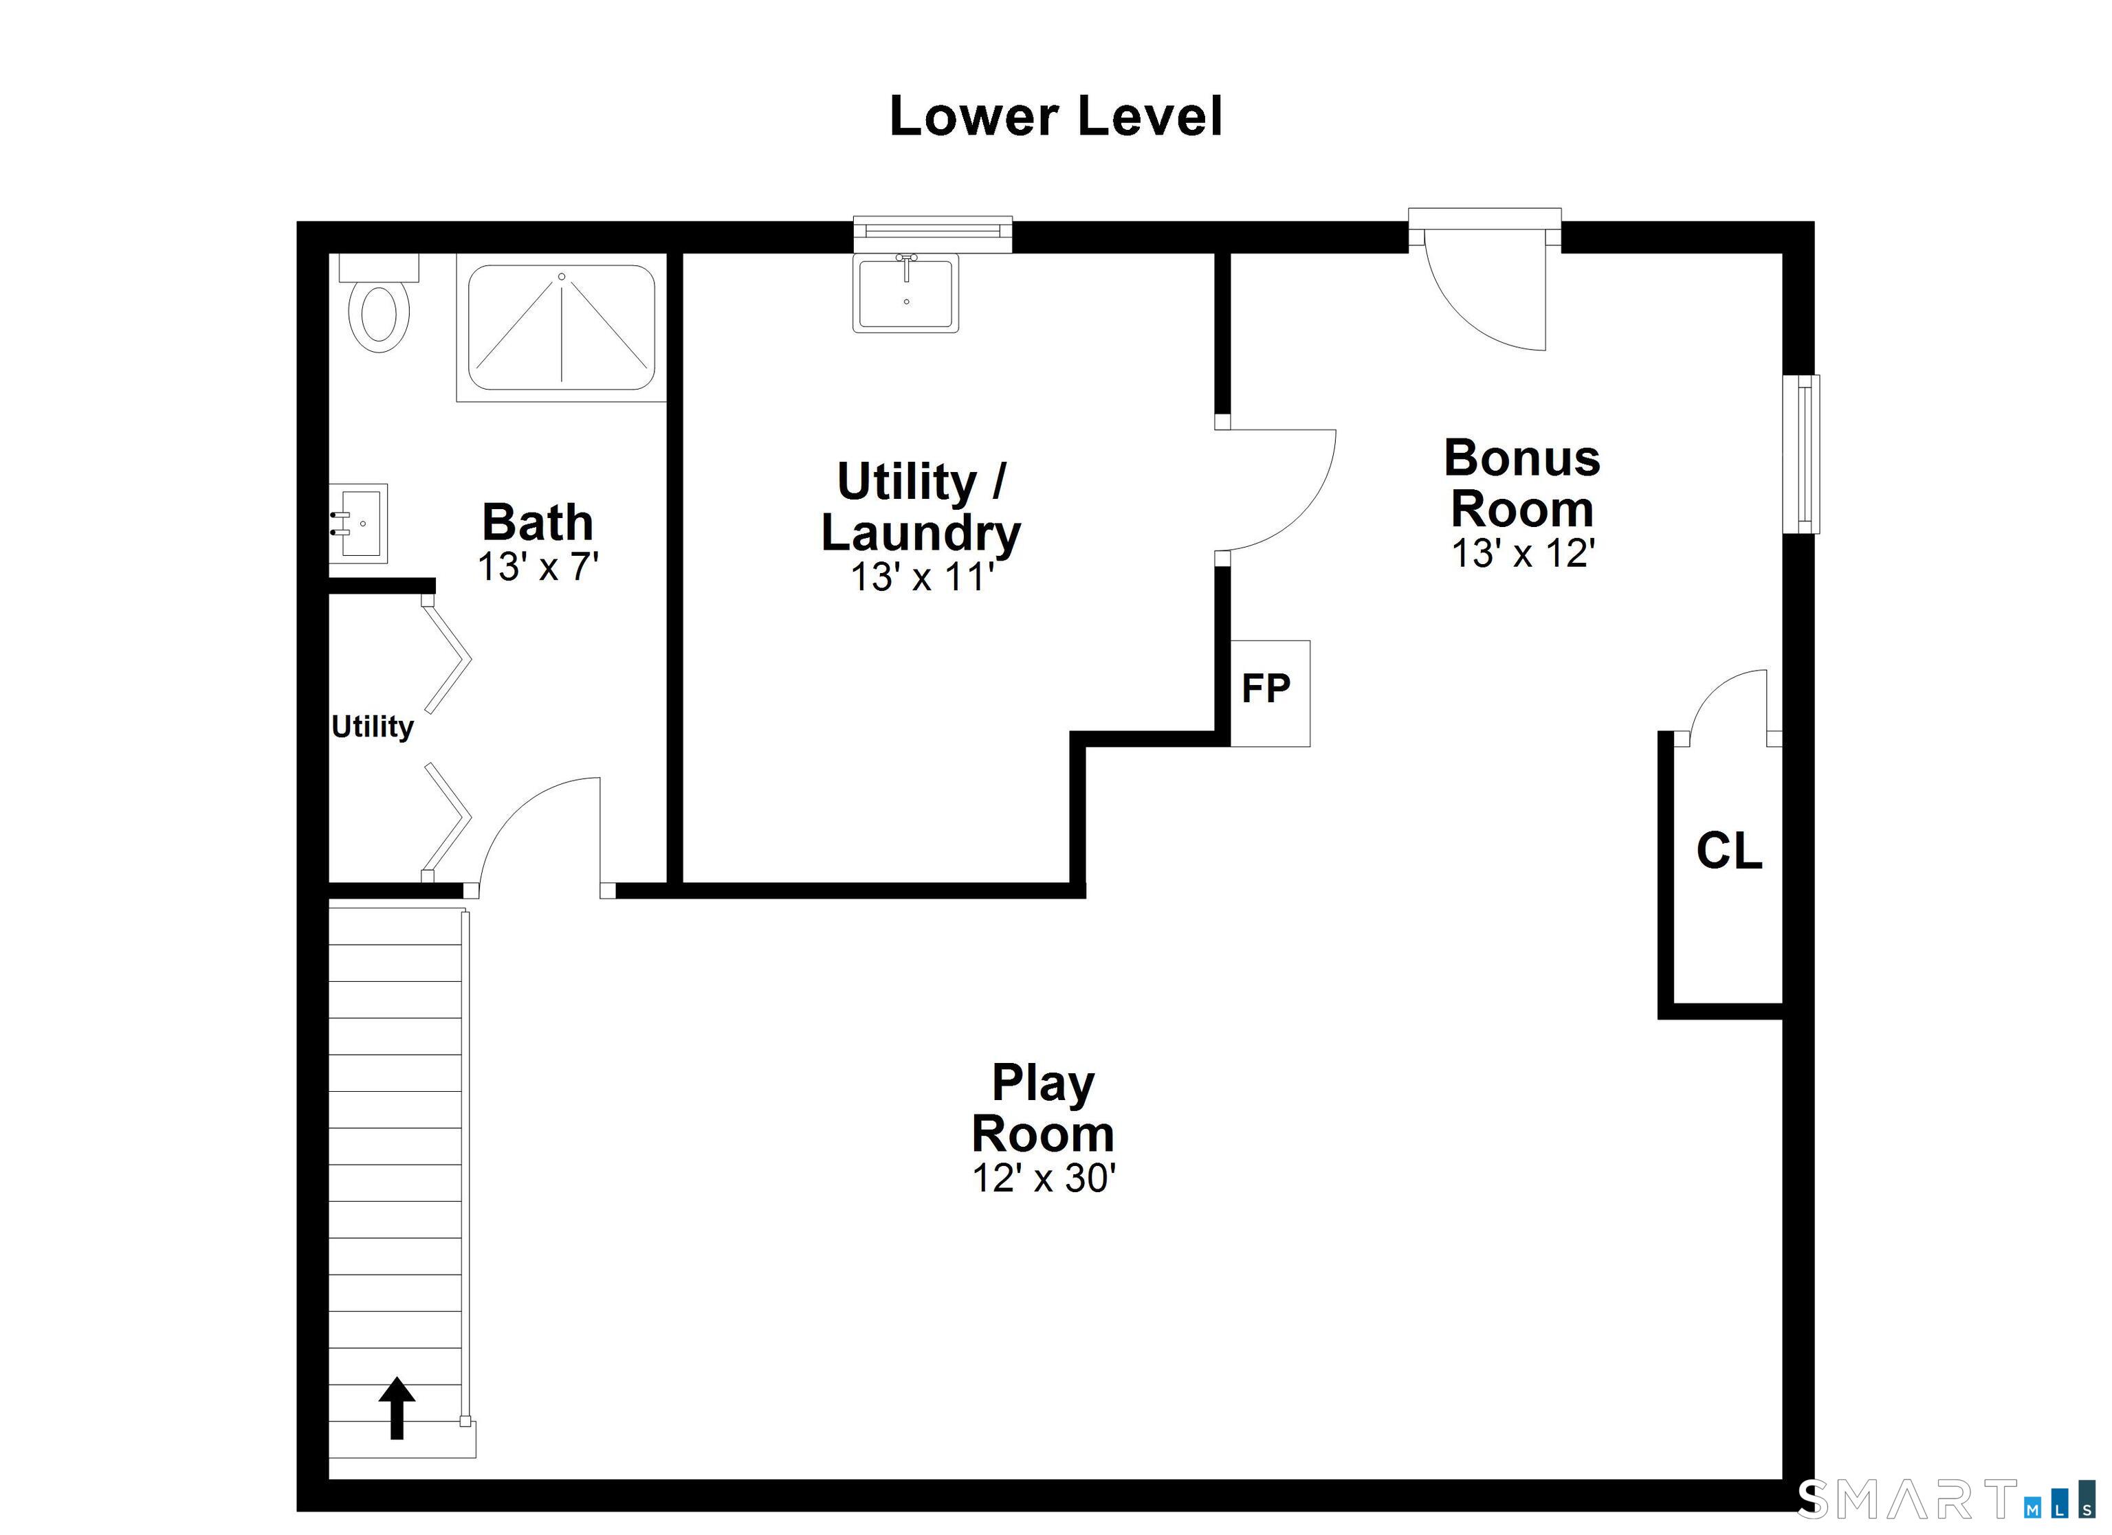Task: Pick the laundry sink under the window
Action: click(x=906, y=293)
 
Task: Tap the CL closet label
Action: click(x=1728, y=851)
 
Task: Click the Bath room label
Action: click(x=538, y=522)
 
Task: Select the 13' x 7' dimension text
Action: click(x=538, y=568)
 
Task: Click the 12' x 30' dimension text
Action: click(x=1043, y=1178)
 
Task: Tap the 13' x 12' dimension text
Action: click(x=1523, y=554)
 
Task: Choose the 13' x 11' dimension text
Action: click(x=922, y=578)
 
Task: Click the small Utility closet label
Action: click(x=373, y=726)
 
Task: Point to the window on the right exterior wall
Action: click(x=1801, y=454)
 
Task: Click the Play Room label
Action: click(x=1043, y=1108)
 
